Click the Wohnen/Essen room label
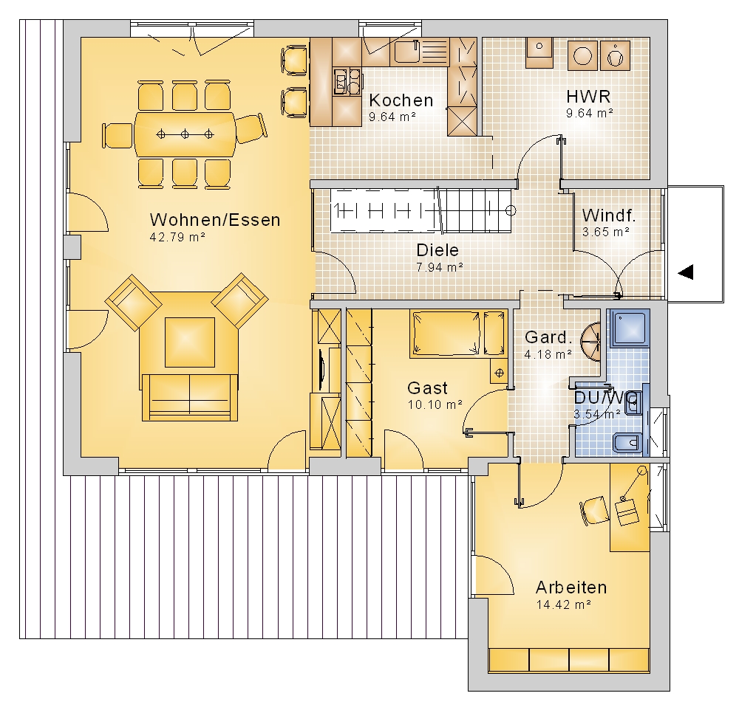point(215,220)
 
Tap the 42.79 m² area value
point(177,237)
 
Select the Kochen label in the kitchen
point(401,100)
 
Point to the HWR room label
point(588,97)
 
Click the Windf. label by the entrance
point(609,216)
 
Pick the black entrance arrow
point(686,272)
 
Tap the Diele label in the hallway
point(437,250)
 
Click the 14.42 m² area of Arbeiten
point(564,604)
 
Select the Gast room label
point(427,388)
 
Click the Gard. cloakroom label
point(548,337)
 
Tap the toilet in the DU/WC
point(627,443)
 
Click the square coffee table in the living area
point(189,342)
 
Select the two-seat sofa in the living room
point(189,397)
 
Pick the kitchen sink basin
point(406,52)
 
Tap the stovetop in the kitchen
point(347,81)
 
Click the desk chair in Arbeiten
point(593,510)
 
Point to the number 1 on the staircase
point(336,210)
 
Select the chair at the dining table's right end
point(251,128)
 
